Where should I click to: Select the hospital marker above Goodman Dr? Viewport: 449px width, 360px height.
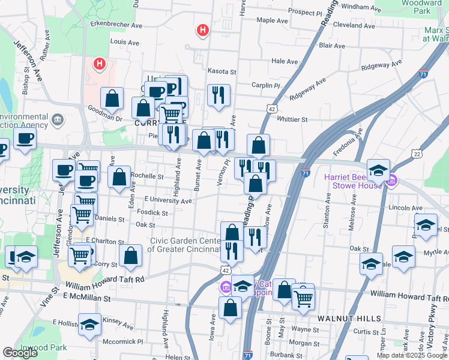99,62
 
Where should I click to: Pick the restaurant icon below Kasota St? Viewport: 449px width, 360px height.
219,95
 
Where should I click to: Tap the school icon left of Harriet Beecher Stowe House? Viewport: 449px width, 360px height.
379,170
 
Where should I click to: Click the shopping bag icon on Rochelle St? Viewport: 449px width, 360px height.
119,177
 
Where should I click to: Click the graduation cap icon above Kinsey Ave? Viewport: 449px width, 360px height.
90,325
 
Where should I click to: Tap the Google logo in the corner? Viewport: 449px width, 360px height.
20,353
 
